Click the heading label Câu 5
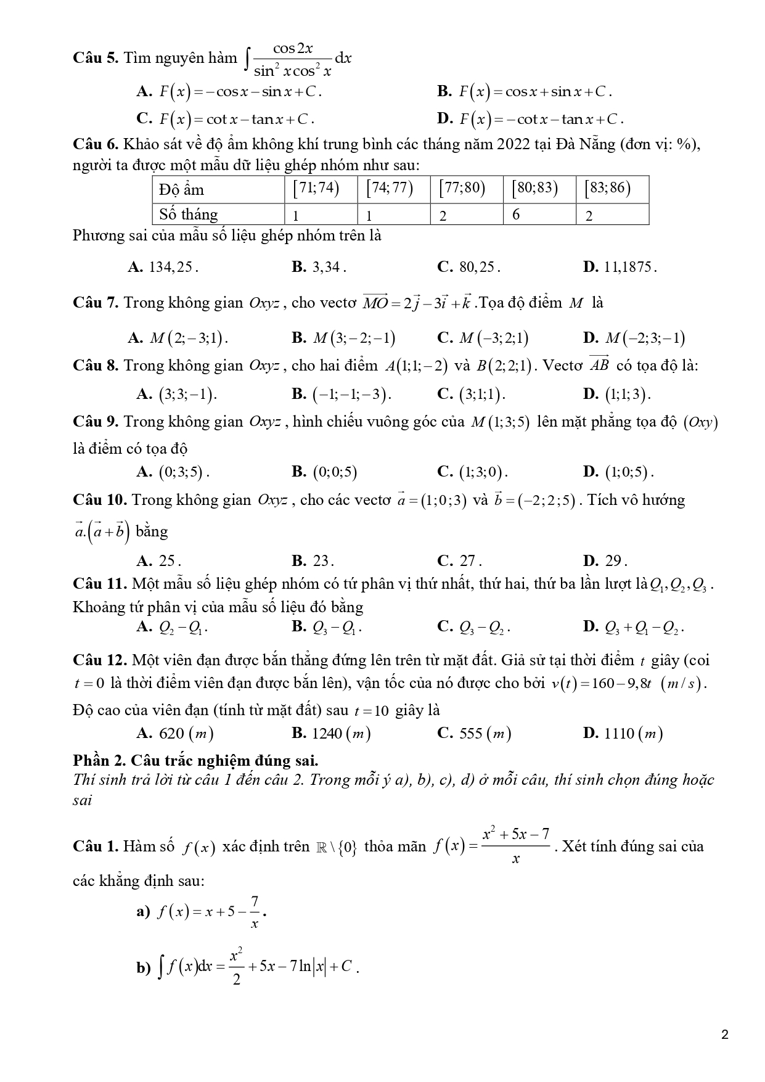coord(95,59)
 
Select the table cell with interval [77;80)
coord(466,189)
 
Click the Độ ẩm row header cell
coord(218,189)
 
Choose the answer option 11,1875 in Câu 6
coord(620,267)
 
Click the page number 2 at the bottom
coord(725,1035)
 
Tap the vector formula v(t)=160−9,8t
coord(628,684)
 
